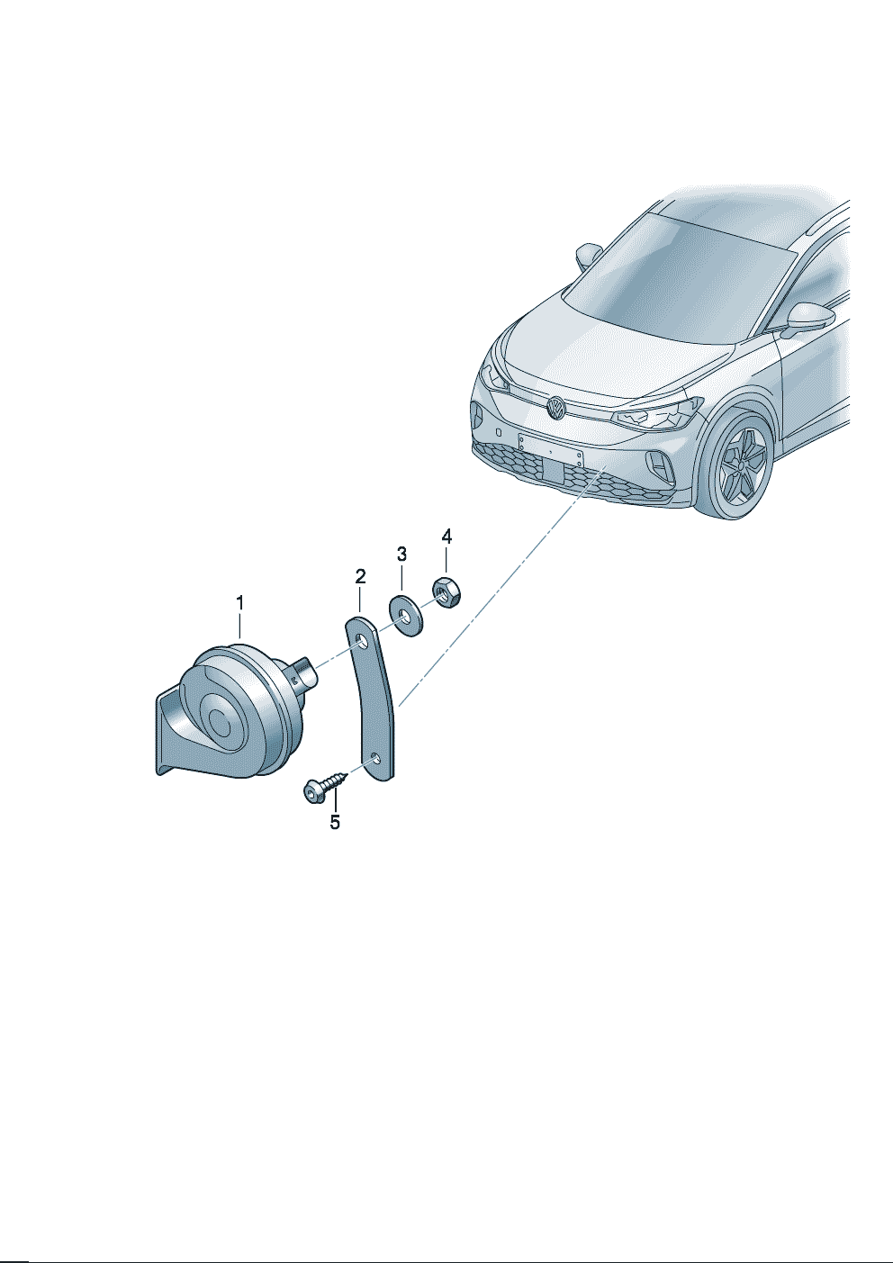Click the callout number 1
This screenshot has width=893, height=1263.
pyautogui.click(x=239, y=603)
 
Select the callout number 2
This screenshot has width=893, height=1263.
pyautogui.click(x=360, y=576)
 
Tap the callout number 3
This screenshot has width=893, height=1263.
pyautogui.click(x=401, y=554)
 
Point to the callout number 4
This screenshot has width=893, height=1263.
pyautogui.click(x=446, y=536)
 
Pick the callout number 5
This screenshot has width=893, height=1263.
pyautogui.click(x=335, y=823)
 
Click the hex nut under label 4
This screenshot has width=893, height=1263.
pyautogui.click(x=446, y=595)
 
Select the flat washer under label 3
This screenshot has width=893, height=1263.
pyautogui.click(x=407, y=615)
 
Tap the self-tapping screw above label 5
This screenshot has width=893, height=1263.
pyautogui.click(x=324, y=786)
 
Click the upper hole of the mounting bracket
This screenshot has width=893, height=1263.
pyautogui.click(x=363, y=642)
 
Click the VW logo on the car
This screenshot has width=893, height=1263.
pyautogui.click(x=555, y=407)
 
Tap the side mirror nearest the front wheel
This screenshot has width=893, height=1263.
pyautogui.click(x=807, y=318)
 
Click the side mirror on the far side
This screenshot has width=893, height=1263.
pyautogui.click(x=588, y=255)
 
